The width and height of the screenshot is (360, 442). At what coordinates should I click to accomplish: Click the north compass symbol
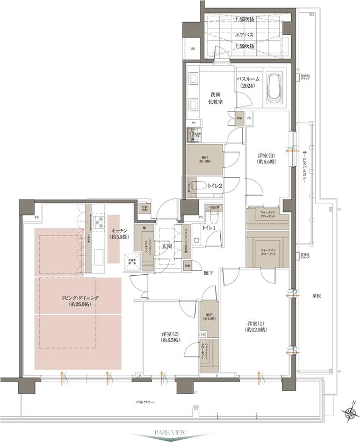tap(350, 412)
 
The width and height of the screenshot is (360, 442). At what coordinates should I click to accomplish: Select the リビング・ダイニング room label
tap(79, 300)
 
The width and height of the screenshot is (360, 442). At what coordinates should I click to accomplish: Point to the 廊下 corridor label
tap(208, 274)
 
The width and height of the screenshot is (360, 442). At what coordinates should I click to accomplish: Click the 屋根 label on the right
tap(318, 295)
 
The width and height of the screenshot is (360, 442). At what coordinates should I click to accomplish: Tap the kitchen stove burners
tap(99, 222)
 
